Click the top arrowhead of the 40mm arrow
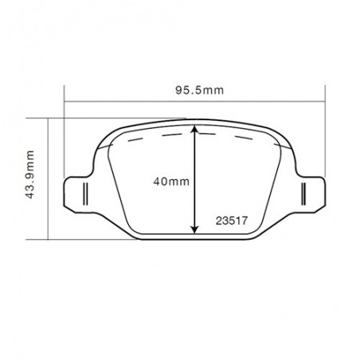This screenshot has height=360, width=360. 195,128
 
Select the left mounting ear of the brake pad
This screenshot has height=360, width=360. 80,191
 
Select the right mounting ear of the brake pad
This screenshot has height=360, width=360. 309,191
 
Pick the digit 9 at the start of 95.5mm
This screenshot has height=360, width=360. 179,91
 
